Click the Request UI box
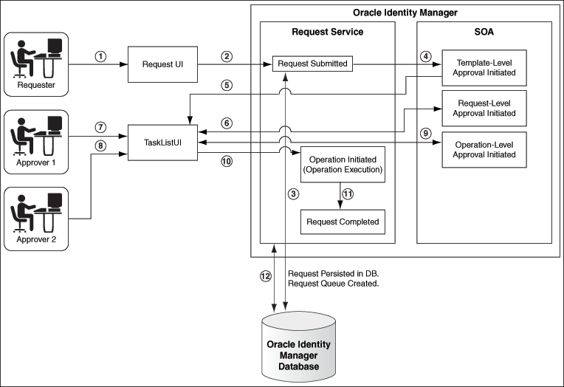[163, 64]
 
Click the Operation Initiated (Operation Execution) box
[342, 165]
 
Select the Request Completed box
[342, 222]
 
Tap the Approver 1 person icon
[35, 136]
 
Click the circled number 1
[101, 56]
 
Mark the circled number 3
[293, 193]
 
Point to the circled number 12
[266, 277]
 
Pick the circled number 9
[424, 134]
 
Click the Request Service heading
[327, 31]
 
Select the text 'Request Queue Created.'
[333, 284]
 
